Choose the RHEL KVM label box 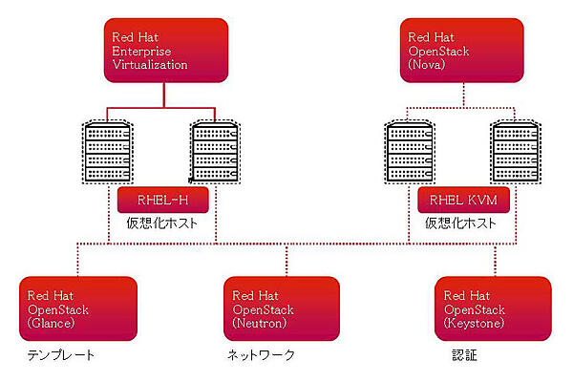click(x=463, y=200)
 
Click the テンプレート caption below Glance click(x=63, y=355)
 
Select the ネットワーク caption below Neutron click(x=261, y=355)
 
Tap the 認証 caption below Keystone click(x=464, y=355)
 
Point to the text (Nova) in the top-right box click(x=421, y=66)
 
